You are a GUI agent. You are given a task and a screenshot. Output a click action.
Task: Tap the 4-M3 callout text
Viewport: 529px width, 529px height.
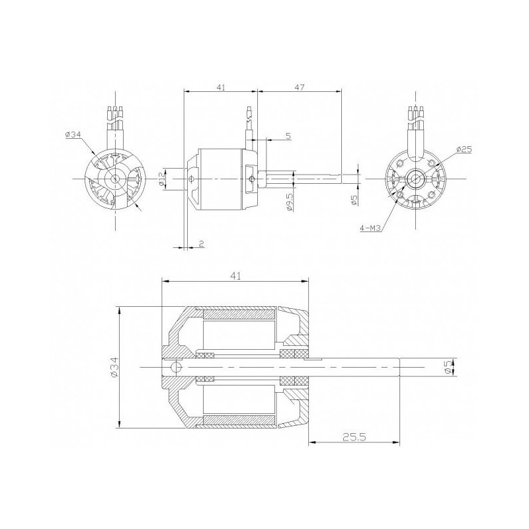[370, 228]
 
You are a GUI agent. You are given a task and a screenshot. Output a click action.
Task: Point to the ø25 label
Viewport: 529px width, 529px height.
[463, 149]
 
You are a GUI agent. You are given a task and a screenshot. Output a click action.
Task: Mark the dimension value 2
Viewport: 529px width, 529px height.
[201, 244]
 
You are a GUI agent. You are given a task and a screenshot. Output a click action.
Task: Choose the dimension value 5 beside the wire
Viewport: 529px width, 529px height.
[288, 136]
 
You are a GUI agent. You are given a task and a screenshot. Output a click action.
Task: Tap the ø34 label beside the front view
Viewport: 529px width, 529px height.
[73, 135]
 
